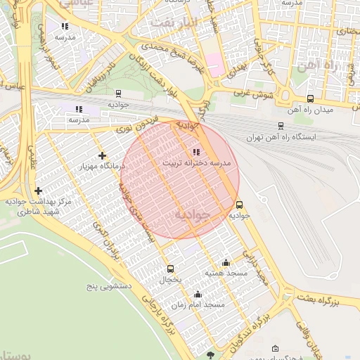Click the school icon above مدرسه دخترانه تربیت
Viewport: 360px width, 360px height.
click(x=195, y=152)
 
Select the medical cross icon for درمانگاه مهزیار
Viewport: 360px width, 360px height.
click(x=103, y=155)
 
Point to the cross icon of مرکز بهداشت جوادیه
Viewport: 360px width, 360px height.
click(x=38, y=191)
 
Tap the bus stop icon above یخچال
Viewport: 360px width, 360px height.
click(x=170, y=269)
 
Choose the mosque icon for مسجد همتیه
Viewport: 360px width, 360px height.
click(x=226, y=262)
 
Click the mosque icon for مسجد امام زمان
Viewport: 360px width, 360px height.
click(x=198, y=294)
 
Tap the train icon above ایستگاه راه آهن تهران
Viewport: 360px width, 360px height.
click(x=281, y=126)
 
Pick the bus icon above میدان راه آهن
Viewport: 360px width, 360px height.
click(x=311, y=99)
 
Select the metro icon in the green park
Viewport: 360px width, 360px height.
click(x=117, y=93)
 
